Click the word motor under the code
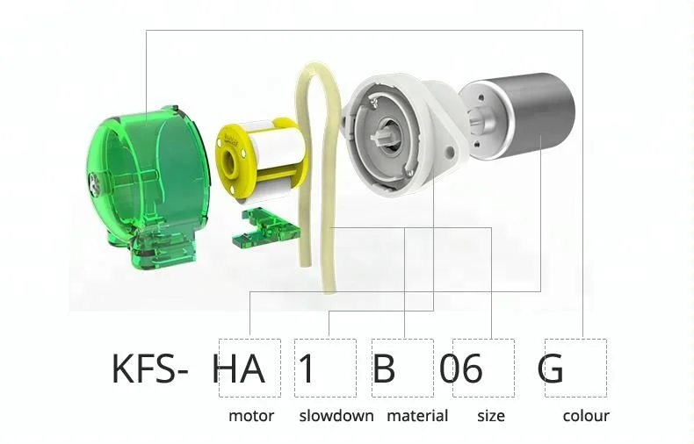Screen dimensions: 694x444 (251, 416)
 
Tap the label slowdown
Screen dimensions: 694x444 (336, 416)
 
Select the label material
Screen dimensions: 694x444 (417, 416)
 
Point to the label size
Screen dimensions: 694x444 (491, 416)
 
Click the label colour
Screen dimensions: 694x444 (586, 416)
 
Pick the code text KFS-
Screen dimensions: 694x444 (149, 369)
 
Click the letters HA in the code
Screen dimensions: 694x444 (239, 369)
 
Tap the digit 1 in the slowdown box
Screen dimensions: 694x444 (306, 369)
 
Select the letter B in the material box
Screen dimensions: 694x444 (384, 369)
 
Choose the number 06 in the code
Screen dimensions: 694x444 (460, 369)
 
